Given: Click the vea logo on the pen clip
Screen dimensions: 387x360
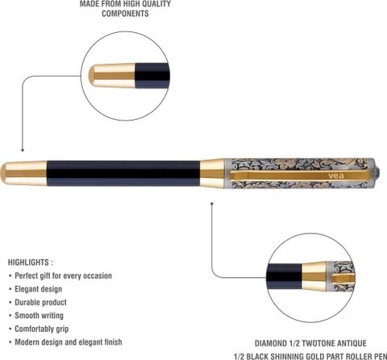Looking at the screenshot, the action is coord(336,176).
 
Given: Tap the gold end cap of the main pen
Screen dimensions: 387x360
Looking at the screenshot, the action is coord(23,173).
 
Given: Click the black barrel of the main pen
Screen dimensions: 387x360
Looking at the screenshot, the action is coord(123,173).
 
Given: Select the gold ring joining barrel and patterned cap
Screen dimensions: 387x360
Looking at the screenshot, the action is coord(212,173).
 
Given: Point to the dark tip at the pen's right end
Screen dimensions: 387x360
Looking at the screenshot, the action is coord(378,172).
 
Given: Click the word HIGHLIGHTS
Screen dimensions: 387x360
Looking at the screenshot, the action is coord(28,263).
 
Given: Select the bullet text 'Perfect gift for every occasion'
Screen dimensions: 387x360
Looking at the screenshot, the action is coord(63,275).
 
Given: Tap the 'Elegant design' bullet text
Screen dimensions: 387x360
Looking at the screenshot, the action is coord(39,289).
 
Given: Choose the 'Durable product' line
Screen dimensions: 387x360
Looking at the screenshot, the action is coord(40,302).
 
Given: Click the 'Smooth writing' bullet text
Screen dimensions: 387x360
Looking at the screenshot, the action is coord(39,316).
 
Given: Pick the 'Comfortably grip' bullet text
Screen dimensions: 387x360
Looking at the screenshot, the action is coord(42,329).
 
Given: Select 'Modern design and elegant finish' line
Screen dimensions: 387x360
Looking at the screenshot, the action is coord(69,342).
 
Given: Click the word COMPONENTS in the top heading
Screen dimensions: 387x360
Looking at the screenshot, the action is coord(125,14).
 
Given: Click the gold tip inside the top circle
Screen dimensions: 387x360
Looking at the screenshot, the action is coord(112,76).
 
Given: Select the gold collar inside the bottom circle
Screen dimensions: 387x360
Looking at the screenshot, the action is coord(314,276).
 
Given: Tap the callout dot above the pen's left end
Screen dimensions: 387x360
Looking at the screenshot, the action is coord(23,150).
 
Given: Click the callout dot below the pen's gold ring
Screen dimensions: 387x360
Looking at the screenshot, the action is coord(212,204).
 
